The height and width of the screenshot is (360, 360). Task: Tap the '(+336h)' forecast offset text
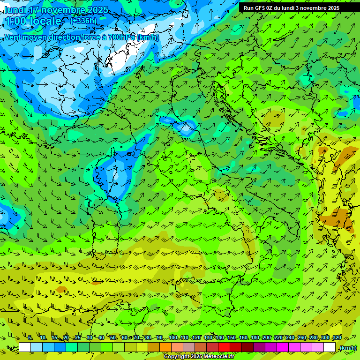(x=83, y=21)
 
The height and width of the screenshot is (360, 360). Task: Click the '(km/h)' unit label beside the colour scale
(x=347, y=347)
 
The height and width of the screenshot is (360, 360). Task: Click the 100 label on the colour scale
(x=173, y=337)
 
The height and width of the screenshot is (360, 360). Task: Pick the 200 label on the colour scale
(x=267, y=337)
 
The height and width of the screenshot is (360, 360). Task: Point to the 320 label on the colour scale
(x=337, y=337)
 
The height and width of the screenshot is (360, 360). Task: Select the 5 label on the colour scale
(x=30, y=337)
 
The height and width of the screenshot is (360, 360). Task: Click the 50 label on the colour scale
(x=113, y=337)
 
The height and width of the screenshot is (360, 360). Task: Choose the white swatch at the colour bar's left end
(x=25, y=347)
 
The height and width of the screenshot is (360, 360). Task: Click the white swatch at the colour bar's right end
(x=330, y=347)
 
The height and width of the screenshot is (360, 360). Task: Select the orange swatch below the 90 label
(x=165, y=347)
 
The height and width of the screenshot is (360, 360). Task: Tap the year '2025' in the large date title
(x=97, y=10)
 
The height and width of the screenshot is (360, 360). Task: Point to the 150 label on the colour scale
(x=232, y=337)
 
